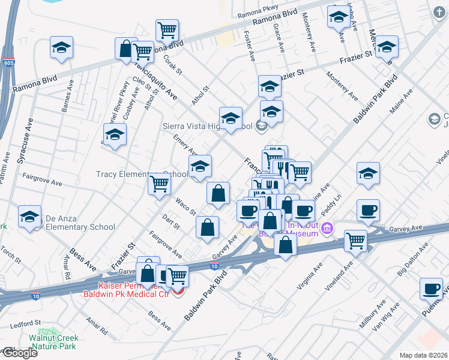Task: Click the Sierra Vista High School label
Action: coord(208,126)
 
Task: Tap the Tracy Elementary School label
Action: coord(142,174)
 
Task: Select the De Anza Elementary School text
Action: coord(79,227)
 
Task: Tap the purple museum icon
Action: coord(327,227)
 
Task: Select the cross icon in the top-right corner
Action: coord(439,11)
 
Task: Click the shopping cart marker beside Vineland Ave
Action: coord(355,240)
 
